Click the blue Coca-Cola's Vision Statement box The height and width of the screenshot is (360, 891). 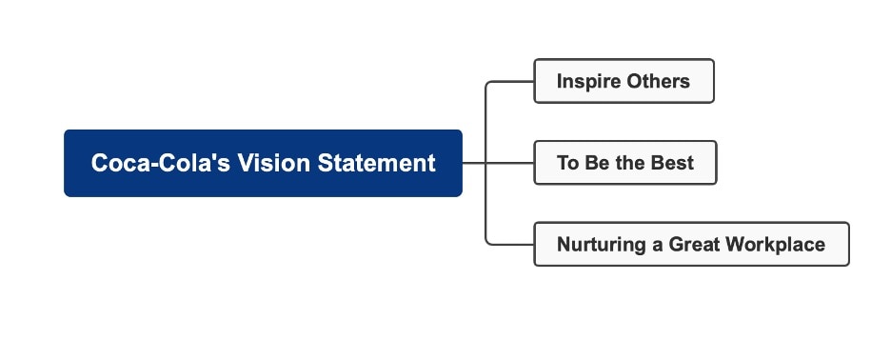(263, 163)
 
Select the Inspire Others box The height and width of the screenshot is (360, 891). (624, 81)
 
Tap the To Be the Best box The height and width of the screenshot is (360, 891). (624, 163)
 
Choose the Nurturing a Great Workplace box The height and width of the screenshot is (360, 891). (690, 245)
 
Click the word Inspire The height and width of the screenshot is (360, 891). (587, 81)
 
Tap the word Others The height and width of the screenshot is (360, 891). (658, 81)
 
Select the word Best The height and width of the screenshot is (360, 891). (672, 163)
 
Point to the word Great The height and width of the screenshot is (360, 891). (694, 245)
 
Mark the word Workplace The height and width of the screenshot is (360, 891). (775, 245)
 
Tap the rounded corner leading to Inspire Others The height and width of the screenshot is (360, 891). (489, 85)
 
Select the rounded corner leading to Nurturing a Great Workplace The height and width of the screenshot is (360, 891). (489, 241)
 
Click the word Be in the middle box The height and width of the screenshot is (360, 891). (597, 163)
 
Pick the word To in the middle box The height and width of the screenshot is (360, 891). (568, 163)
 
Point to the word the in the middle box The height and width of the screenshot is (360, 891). (630, 163)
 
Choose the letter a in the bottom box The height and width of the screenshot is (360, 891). (657, 246)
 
